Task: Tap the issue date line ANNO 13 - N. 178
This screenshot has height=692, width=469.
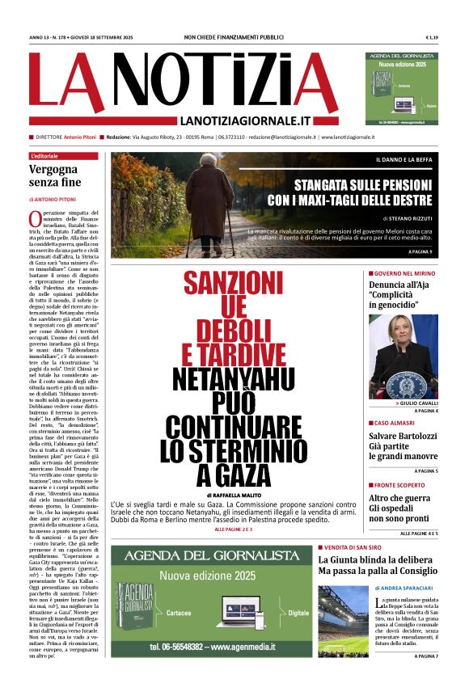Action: pos(83,37)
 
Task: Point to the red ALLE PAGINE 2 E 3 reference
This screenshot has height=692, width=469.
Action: pos(233,506)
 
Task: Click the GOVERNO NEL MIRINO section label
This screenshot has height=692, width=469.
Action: pos(404,274)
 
